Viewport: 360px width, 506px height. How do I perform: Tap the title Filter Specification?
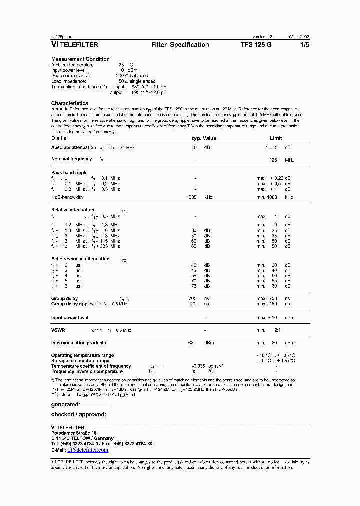tap(180, 45)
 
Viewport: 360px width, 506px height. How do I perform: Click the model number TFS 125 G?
tap(256, 45)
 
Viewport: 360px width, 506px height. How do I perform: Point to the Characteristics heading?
tap(69, 103)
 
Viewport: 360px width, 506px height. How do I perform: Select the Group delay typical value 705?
tap(192, 298)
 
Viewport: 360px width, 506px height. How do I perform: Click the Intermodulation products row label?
tap(78, 343)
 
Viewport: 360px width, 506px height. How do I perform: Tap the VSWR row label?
tap(58, 330)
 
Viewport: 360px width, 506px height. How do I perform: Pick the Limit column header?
tap(276, 138)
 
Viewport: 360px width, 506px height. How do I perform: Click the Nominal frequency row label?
tap(72, 159)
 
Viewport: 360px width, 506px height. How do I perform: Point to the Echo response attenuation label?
tap(80, 259)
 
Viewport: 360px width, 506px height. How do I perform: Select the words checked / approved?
tap(78, 414)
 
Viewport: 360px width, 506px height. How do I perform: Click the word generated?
tap(66, 404)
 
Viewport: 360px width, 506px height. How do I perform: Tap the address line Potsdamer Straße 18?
tap(74, 433)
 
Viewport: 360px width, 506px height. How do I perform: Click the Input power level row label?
tap(70, 317)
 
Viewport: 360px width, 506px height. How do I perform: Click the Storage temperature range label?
tap(80, 361)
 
